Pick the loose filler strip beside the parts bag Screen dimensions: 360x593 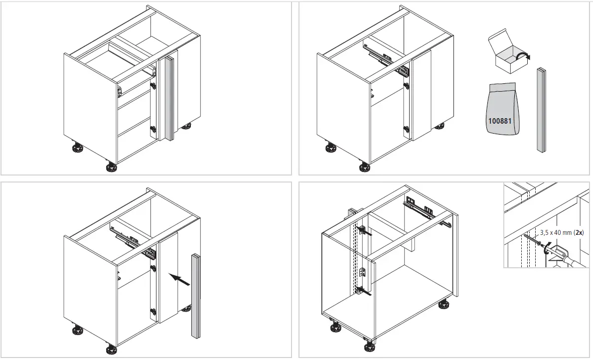pyautogui.click(x=541, y=110)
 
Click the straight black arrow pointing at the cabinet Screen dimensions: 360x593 pyautogui.click(x=179, y=279)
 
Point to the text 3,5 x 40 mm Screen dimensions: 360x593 pyautogui.click(x=555, y=232)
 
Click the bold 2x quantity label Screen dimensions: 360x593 pyautogui.click(x=578, y=232)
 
